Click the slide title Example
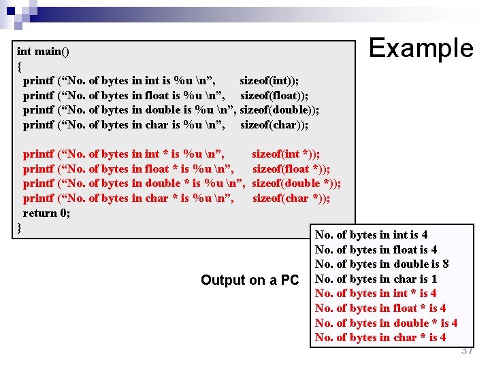click(x=421, y=48)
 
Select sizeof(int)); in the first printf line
click(x=269, y=80)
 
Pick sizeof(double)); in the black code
click(x=280, y=110)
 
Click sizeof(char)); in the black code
click(x=274, y=125)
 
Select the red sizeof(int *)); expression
click(x=286, y=154)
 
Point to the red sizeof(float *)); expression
click(x=291, y=169)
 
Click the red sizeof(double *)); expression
click(x=297, y=183)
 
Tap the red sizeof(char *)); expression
click(x=291, y=198)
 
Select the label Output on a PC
click(x=250, y=280)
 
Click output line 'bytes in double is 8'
click(x=382, y=264)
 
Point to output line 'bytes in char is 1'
click(x=376, y=279)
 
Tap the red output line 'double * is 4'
click(x=387, y=323)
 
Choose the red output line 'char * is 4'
click(x=380, y=338)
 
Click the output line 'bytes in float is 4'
click(x=376, y=249)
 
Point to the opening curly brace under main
click(x=20, y=66)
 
